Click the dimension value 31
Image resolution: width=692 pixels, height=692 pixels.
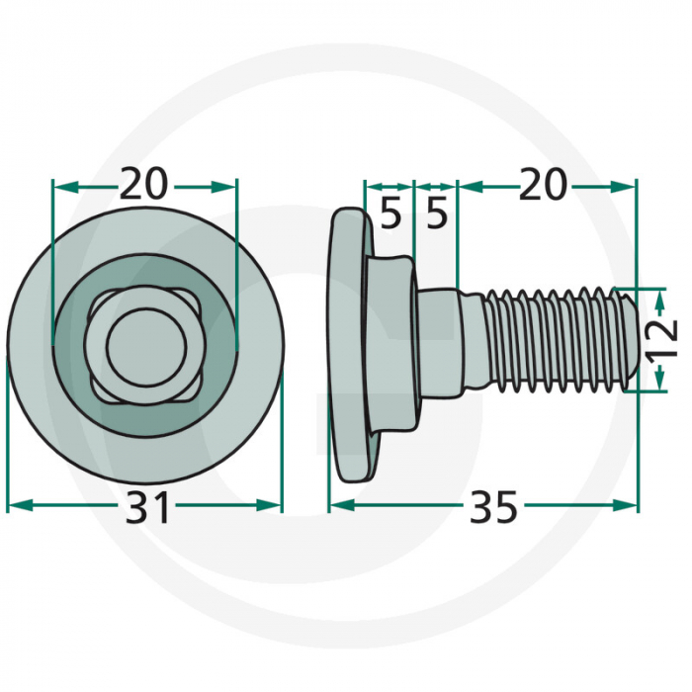point(147,507)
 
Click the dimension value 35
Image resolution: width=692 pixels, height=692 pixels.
point(493,507)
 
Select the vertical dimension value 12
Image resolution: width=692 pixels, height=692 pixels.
point(663,338)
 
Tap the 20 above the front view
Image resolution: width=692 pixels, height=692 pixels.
point(144,183)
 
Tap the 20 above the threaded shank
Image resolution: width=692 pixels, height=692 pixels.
point(542,184)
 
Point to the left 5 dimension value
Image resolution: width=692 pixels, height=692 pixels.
point(391,215)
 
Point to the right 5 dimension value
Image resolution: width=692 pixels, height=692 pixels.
point(437,215)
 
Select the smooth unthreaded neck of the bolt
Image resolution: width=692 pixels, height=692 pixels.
point(441,338)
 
